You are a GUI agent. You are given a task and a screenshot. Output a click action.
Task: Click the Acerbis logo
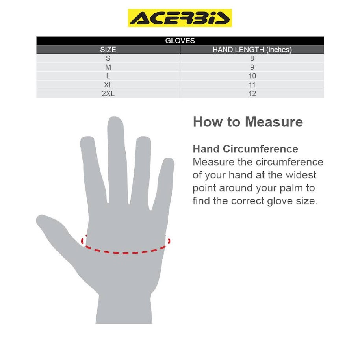[180, 18]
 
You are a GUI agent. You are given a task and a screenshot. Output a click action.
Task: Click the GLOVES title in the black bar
[180, 41]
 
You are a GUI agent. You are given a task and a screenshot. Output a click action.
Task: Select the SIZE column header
[108, 50]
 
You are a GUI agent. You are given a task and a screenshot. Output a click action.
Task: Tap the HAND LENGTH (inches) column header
[252, 50]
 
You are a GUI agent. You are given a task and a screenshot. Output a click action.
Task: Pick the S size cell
[108, 58]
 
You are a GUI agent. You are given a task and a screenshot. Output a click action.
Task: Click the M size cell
[108, 67]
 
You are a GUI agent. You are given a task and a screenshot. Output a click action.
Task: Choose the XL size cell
[108, 85]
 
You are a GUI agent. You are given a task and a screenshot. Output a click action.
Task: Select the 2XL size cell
[108, 94]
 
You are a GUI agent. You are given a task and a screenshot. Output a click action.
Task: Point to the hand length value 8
[252, 58]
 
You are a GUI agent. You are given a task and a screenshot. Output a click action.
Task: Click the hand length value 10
[252, 76]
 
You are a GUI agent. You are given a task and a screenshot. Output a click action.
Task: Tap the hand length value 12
[252, 94]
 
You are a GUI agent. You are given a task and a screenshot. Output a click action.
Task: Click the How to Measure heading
[248, 122]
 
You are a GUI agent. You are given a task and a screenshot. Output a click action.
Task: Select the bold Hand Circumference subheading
[245, 149]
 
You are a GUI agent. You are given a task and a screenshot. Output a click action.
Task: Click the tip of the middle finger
[115, 117]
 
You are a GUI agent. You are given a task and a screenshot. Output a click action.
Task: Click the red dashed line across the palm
[125, 253]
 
